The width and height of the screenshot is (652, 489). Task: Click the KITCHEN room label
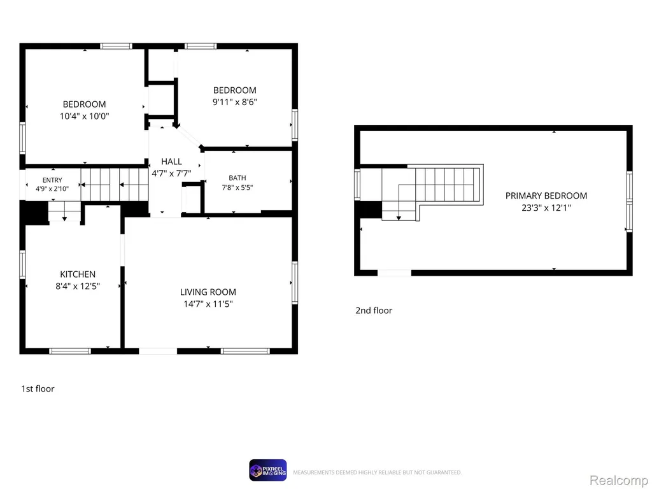[x=78, y=274]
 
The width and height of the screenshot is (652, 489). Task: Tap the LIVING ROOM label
[x=208, y=292]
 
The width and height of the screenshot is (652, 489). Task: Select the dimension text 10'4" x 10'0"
[x=85, y=116]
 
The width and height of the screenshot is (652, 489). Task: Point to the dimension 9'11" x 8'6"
[x=235, y=102]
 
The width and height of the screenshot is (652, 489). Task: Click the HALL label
[x=171, y=161]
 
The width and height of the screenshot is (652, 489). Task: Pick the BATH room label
[x=237, y=178]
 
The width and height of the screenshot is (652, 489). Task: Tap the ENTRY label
[x=52, y=180]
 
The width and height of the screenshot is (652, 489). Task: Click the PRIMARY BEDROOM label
[x=546, y=196]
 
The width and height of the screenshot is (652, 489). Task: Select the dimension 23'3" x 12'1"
[x=546, y=208]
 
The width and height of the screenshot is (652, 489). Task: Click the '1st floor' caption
[x=38, y=389]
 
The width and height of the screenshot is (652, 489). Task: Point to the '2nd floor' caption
[x=374, y=311]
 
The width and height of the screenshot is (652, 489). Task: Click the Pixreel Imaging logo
[x=268, y=471]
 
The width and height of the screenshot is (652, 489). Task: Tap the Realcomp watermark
[x=619, y=480]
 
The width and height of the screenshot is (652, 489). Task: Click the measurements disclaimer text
[x=378, y=472]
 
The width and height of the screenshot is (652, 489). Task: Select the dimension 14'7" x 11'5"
[x=208, y=304]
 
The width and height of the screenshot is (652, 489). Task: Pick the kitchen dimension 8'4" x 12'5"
[x=78, y=286]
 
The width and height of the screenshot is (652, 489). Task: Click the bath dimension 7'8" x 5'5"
[x=237, y=188]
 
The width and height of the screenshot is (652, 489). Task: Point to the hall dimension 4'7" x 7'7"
[x=171, y=173]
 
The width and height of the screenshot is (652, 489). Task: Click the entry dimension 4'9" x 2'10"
[x=52, y=188]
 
